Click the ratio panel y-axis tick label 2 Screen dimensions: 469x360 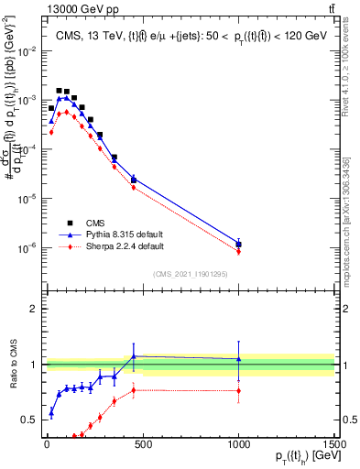point(35,309)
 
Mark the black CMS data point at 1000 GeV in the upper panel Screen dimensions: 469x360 point(238,244)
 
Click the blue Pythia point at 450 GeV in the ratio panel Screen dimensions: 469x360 point(133,356)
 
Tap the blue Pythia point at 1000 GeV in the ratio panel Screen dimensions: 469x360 point(238,359)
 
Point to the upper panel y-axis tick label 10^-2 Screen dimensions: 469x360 point(28,49)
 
